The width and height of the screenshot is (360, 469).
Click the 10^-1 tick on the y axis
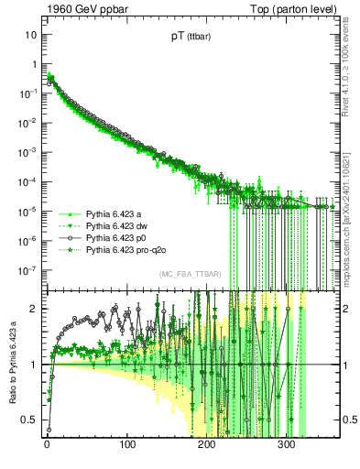tap(28, 93)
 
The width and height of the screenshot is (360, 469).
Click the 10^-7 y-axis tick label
tap(28, 270)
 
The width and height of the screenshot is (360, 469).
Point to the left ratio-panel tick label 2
tap(35, 309)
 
